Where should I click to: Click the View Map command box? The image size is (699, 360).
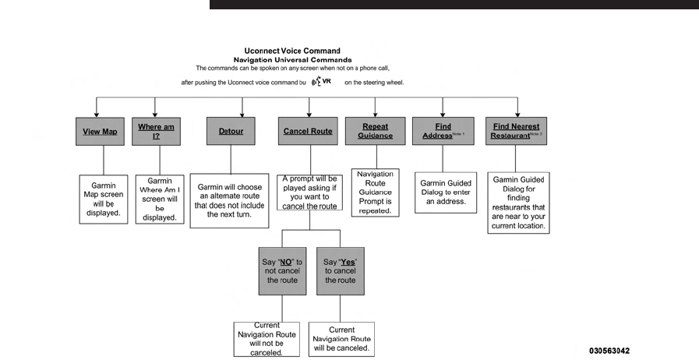click(x=100, y=132)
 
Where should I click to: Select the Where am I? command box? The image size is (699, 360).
click(x=156, y=132)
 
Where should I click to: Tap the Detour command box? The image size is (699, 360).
click(x=231, y=131)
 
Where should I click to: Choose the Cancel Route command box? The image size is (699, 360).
click(x=308, y=131)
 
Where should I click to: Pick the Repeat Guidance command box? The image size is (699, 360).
click(x=376, y=131)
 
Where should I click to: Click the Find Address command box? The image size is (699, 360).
click(x=443, y=131)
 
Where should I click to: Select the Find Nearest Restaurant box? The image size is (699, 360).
click(x=516, y=131)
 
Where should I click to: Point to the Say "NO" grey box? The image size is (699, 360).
click(x=283, y=271)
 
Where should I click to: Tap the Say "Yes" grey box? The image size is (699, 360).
click(x=341, y=271)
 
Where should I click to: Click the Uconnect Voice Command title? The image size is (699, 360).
click(x=292, y=51)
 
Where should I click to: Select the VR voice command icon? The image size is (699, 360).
click(x=321, y=82)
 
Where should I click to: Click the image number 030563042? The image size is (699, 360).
click(x=609, y=351)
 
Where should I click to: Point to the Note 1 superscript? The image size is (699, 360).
click(x=458, y=134)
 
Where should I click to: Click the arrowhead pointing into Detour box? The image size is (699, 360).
click(x=242, y=115)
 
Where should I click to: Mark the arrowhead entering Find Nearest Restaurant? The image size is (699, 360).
click(x=517, y=115)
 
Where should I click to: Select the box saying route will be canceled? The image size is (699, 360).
click(x=341, y=340)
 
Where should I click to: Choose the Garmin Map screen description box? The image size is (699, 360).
click(x=104, y=199)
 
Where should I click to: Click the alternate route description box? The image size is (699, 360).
click(x=230, y=201)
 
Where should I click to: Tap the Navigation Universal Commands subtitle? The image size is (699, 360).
click(x=292, y=60)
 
